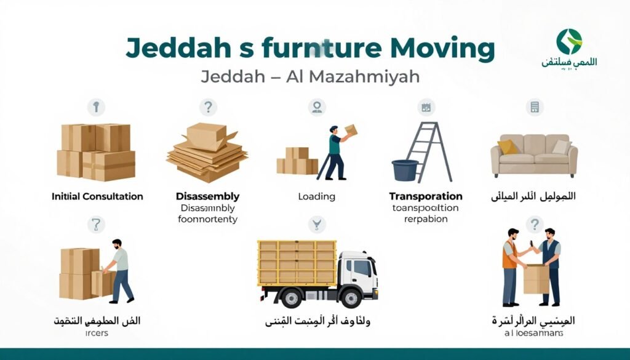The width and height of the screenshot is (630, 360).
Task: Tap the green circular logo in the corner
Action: point(569,41)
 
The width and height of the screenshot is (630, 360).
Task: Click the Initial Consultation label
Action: point(97,196)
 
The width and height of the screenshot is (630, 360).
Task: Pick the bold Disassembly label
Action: point(207,196)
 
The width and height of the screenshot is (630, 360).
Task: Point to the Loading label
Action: point(316,197)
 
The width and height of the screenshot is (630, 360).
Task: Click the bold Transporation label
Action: point(426,196)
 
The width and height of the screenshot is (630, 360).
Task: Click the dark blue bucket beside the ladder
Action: point(405,170)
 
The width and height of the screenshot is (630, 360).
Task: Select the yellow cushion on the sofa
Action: point(508,147)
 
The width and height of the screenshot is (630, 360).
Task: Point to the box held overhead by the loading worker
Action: point(350,130)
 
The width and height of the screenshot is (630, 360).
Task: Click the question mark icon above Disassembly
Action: point(209,108)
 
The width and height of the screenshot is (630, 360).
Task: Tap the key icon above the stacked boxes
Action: point(95,107)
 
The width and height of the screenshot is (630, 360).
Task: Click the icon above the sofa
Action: point(535,107)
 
